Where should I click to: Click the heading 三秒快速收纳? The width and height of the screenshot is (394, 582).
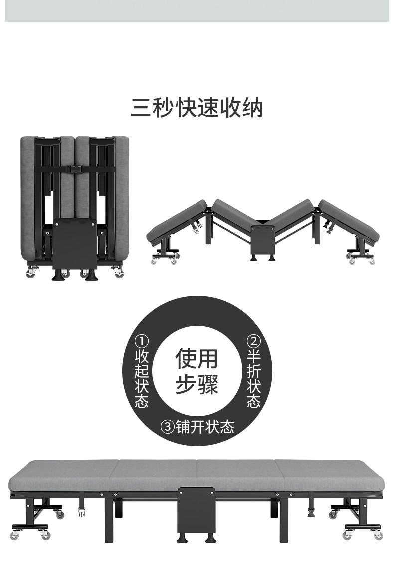click(x=197, y=108)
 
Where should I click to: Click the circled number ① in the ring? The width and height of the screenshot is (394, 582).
click(x=142, y=342)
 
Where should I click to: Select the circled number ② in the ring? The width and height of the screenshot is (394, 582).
click(x=253, y=342)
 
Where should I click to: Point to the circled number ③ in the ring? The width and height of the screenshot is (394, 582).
click(x=167, y=427)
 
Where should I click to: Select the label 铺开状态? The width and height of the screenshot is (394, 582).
click(x=204, y=427)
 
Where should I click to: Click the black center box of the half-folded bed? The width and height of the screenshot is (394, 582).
click(x=263, y=238)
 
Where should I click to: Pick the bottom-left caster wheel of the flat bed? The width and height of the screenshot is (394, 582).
click(x=44, y=535)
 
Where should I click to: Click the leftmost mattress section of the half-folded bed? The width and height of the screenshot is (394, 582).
click(x=177, y=220)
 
